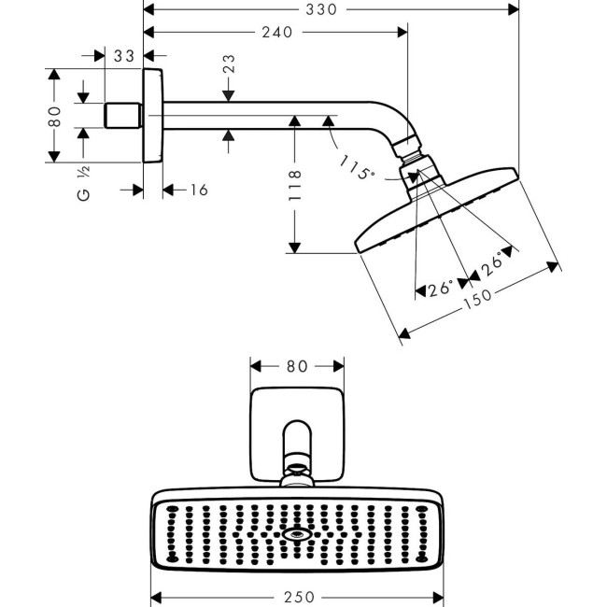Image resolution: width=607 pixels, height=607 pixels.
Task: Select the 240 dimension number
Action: [276, 32]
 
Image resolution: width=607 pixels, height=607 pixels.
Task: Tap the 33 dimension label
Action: [124, 56]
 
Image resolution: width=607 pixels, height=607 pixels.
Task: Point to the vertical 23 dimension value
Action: [229, 64]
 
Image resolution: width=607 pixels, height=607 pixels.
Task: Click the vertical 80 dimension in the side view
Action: [56, 116]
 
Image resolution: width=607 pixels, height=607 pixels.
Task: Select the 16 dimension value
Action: [197, 191]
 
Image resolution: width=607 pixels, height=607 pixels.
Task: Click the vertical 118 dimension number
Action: [295, 186]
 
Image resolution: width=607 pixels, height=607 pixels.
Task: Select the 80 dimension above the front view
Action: [297, 367]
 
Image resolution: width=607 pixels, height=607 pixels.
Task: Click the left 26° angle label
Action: [440, 289]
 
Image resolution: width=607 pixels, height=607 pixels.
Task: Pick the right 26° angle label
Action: [496, 262]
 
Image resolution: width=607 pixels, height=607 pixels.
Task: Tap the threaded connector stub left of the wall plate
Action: [120, 116]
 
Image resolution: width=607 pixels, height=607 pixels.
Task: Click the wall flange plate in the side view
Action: [153, 115]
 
